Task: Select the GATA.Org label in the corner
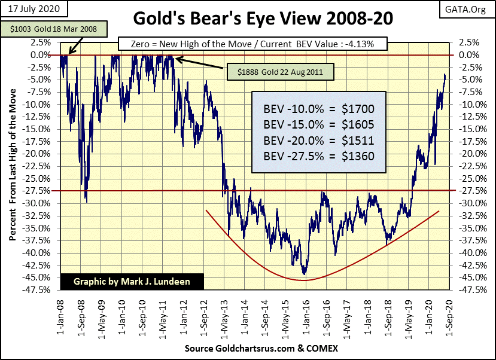point(468,10)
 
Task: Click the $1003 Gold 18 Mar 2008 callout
point(56,29)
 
